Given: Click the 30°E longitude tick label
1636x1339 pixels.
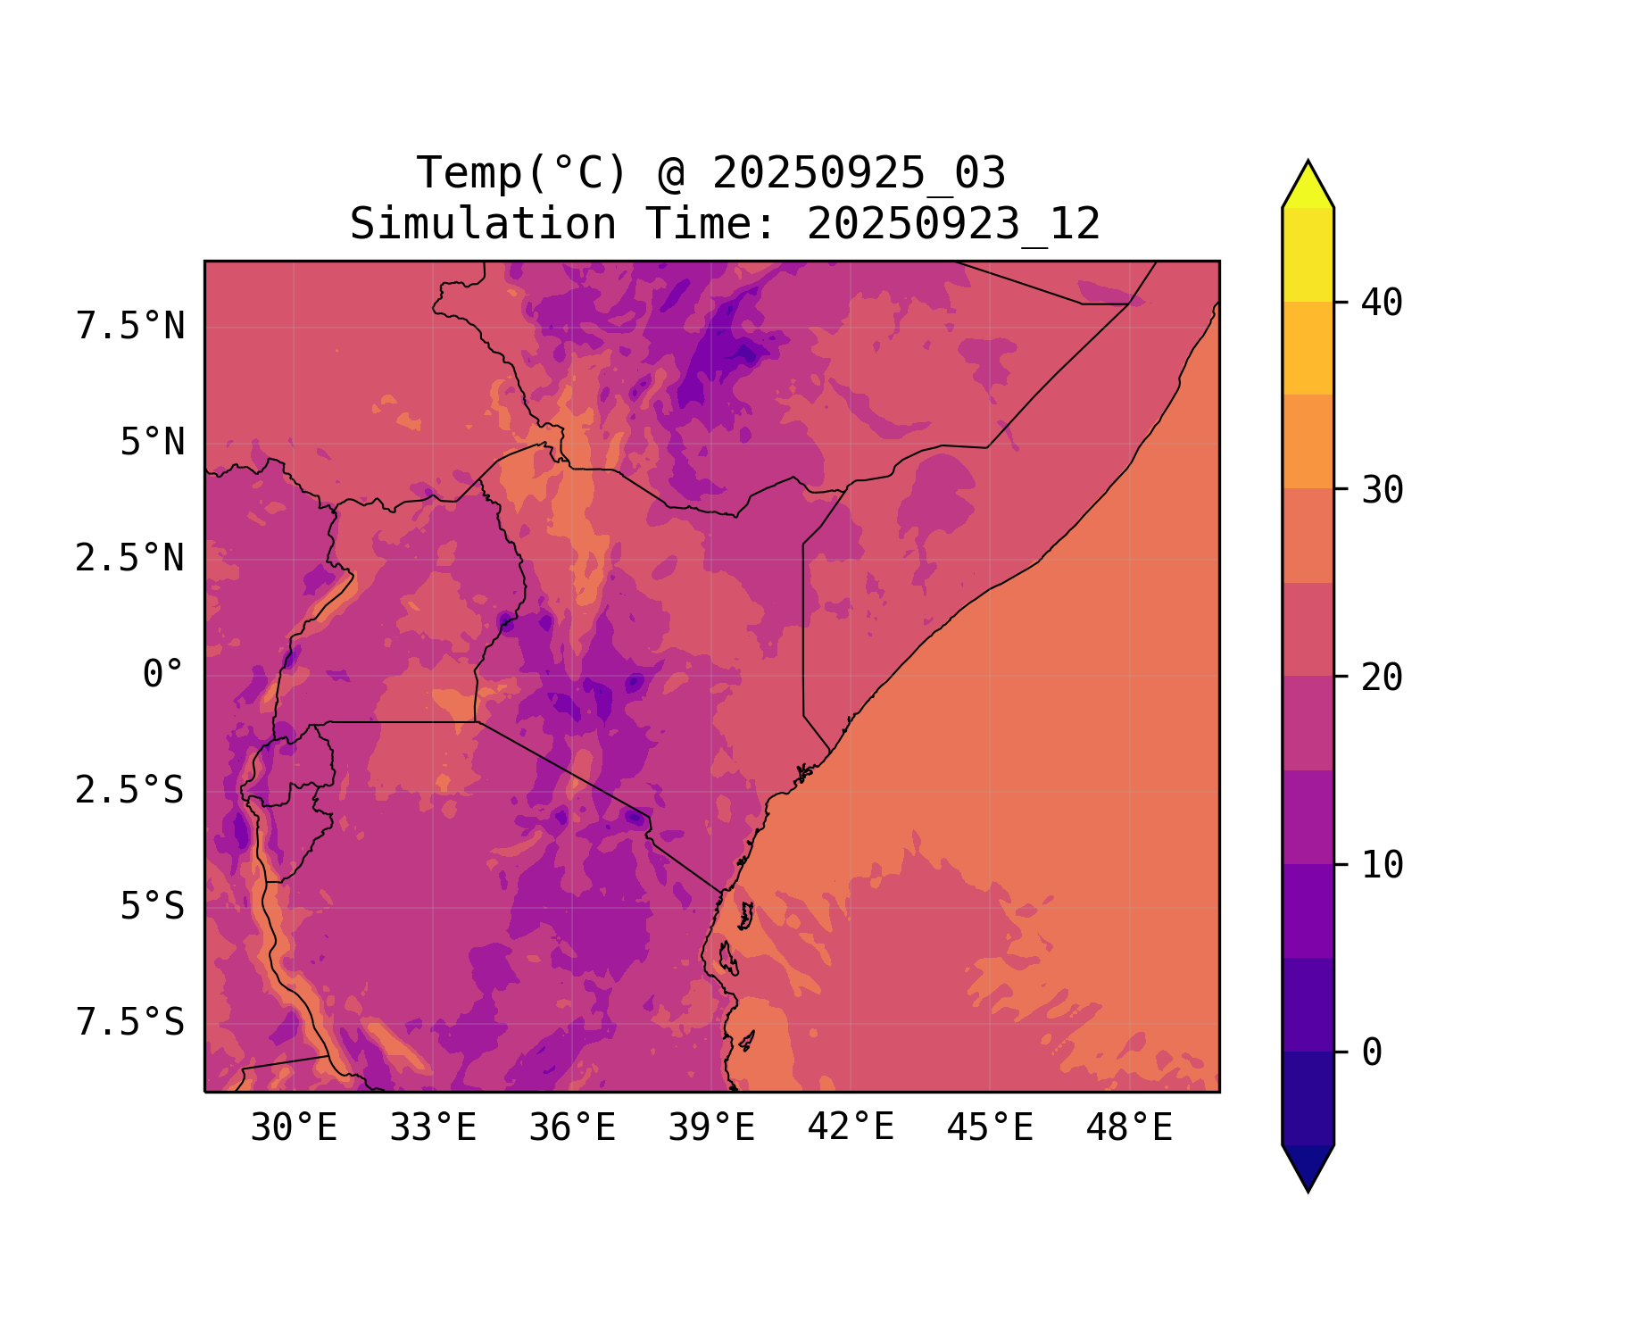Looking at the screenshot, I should (x=294, y=1128).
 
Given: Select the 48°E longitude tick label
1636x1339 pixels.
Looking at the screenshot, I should (x=1129, y=1128).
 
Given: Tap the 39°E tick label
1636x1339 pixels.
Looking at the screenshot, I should (x=711, y=1128).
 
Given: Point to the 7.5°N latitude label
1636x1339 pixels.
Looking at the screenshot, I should (x=130, y=327).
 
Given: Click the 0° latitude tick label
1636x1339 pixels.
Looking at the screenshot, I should (x=162, y=675).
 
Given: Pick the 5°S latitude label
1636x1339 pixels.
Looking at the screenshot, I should (x=152, y=907).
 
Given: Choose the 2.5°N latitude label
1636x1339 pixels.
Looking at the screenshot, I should (x=130, y=559).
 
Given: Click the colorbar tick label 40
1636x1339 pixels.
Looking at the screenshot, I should (x=1382, y=303).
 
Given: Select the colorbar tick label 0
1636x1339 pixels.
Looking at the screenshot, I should (x=1372, y=1052).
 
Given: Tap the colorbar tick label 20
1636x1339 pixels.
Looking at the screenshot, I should (x=1382, y=678).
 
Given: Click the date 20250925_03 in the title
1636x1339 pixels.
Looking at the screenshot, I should (x=859, y=173).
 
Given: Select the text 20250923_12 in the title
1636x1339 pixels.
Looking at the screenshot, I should (x=953, y=224).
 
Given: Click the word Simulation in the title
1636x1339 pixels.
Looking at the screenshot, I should (x=483, y=224).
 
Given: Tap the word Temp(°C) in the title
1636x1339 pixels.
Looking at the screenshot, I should (x=522, y=173).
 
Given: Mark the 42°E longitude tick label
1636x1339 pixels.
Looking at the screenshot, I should (x=851, y=1128).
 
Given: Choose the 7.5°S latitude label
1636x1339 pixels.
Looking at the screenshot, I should (x=130, y=1023).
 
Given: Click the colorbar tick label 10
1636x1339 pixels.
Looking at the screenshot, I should (x=1382, y=865).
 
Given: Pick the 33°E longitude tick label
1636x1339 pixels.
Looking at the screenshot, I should (x=433, y=1128).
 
